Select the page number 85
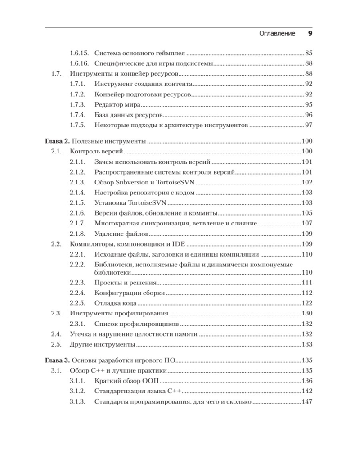308,53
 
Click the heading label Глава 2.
58,141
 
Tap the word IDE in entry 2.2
177,244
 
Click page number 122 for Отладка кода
306,303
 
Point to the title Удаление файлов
120,234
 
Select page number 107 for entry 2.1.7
306,223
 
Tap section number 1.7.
56,73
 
